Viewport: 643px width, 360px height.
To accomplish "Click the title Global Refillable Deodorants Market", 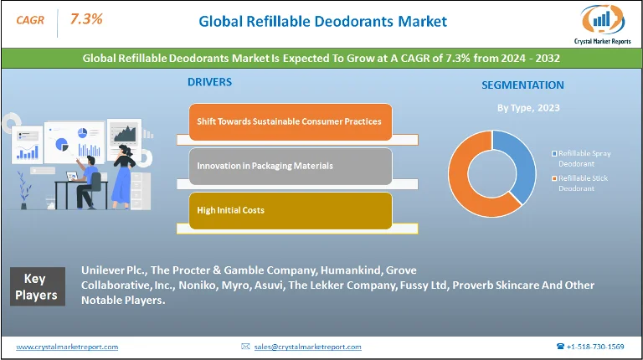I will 322,21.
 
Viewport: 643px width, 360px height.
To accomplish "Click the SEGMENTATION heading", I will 522,85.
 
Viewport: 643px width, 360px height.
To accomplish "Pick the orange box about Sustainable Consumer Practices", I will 289,121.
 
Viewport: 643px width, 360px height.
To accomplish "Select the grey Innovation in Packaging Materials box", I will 289,166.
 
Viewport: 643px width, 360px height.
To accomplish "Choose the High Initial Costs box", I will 289,210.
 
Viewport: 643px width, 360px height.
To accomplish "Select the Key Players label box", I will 36,287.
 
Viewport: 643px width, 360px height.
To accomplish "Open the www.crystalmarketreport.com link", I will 67,347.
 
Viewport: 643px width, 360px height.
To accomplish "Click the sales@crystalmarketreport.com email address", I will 307,347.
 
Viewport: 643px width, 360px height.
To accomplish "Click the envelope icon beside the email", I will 244,347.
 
